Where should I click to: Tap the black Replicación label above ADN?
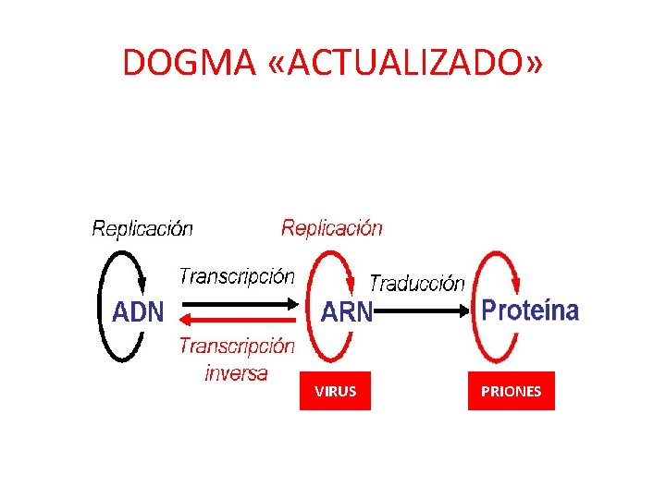click(142, 228)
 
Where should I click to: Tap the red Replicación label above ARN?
click(332, 227)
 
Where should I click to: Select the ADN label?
click(138, 311)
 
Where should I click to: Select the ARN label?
click(346, 313)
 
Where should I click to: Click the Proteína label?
click(530, 310)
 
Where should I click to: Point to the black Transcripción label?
click(237, 276)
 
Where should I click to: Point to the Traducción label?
click(417, 284)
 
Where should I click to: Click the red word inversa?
click(236, 373)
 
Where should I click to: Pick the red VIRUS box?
click(335, 391)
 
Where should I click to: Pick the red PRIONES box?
click(511, 391)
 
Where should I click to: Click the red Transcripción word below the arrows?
click(237, 347)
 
